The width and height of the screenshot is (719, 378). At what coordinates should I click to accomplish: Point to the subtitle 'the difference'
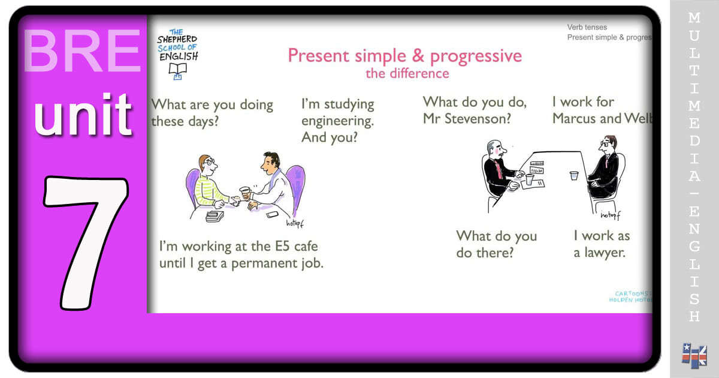click(407, 74)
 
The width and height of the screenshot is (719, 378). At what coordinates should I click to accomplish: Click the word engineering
click(337, 121)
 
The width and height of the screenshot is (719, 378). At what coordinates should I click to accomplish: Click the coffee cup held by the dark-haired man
click(244, 193)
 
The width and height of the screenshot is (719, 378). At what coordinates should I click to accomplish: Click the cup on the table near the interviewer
click(573, 176)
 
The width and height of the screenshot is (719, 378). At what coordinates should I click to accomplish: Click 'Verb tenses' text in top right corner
click(587, 27)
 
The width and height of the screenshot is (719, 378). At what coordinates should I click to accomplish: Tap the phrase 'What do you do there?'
click(496, 244)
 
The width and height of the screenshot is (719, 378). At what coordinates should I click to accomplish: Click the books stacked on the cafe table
click(215, 216)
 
